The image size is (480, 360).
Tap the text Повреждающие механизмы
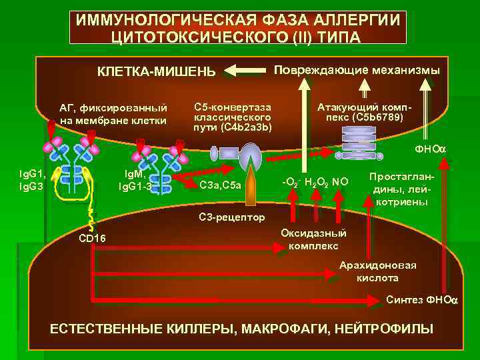[x=357, y=69]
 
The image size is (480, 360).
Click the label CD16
[x=91, y=238]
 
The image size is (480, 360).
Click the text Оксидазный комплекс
[x=313, y=239]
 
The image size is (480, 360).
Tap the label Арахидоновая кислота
[x=377, y=271]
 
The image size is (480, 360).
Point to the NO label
[x=341, y=181]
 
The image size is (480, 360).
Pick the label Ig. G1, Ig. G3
[x=31, y=180]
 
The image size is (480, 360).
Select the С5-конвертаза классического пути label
[x=233, y=117]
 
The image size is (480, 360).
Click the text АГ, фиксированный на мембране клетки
[x=113, y=114]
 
